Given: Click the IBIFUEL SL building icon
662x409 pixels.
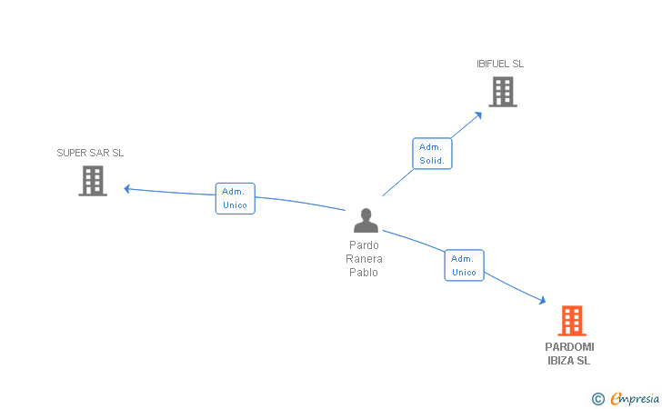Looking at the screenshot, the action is tap(503, 92).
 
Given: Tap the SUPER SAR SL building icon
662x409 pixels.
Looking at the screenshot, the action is tap(93, 181).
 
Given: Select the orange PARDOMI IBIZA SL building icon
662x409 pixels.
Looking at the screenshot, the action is tap(571, 321).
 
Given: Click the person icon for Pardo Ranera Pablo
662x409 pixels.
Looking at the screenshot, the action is tap(366, 221).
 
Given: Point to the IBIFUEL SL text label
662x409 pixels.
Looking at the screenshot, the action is tap(500, 64).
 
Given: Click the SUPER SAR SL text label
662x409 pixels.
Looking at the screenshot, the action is tap(90, 153).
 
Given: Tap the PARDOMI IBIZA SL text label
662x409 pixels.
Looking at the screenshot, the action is tap(569, 354).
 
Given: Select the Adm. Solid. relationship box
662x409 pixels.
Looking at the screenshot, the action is tap(432, 154).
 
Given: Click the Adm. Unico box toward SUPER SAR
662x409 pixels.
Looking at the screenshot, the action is tap(236, 198).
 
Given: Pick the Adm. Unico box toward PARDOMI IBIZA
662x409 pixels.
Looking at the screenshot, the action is tap(464, 265).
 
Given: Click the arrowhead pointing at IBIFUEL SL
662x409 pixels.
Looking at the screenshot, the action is tap(479, 114).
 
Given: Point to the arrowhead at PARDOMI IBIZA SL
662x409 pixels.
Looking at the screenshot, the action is tap(542, 301).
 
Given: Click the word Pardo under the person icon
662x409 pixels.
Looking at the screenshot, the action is tap(364, 245).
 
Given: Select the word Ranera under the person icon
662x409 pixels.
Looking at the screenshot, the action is tap(364, 259).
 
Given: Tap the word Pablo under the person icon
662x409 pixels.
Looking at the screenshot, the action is tap(364, 273).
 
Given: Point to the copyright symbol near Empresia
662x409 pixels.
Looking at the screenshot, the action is tap(597, 398).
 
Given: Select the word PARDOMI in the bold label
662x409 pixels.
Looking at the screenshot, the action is tap(569, 347).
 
